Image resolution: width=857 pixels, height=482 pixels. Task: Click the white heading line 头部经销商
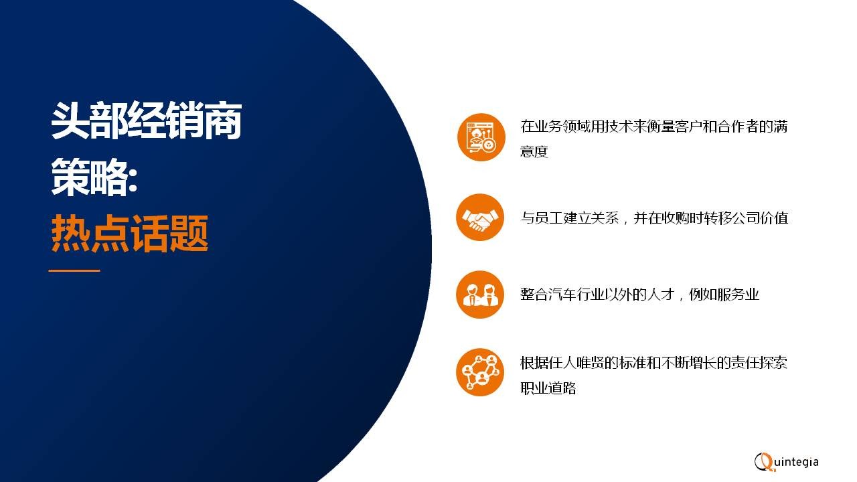point(147,120)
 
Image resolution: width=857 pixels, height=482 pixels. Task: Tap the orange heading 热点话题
point(130,233)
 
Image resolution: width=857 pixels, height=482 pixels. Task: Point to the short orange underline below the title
point(74,270)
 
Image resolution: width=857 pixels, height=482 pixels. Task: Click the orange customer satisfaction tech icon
point(481,137)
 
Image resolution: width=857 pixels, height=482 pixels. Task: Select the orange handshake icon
point(480,218)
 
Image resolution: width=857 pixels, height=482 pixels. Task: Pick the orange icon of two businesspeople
point(480,294)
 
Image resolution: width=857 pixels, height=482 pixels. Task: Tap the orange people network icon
point(480,372)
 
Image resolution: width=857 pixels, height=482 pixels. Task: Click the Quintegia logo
point(786,461)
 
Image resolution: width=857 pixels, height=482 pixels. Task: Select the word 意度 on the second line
point(534,151)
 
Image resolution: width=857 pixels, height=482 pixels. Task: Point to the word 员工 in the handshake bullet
point(548,218)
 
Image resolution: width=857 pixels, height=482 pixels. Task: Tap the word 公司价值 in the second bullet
point(760,218)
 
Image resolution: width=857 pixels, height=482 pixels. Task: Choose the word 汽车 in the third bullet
point(562,294)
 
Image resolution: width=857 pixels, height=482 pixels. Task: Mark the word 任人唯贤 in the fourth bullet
point(576,363)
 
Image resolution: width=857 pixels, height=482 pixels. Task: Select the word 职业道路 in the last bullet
point(548,388)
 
